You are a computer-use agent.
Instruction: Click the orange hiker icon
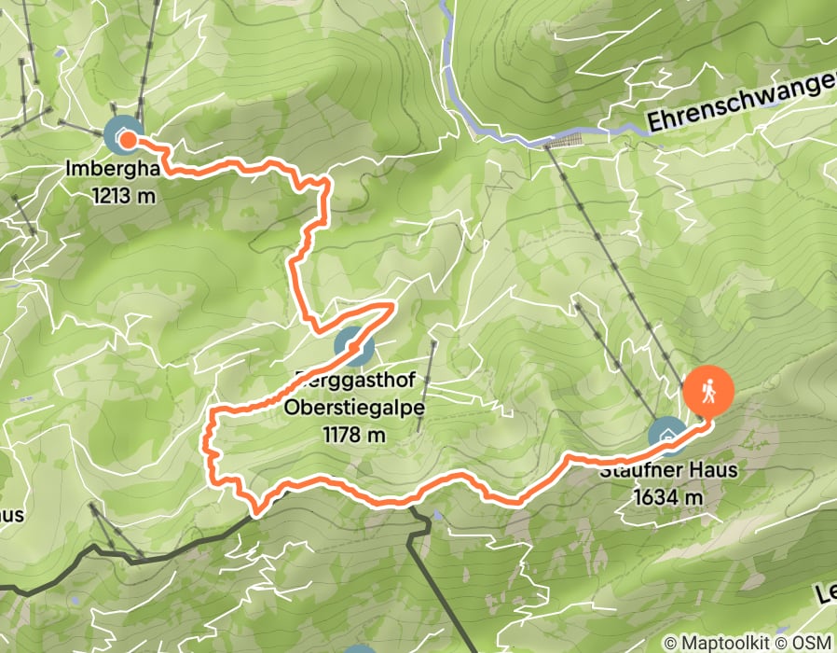pos(708,390)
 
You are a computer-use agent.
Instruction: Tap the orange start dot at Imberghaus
pos(127,140)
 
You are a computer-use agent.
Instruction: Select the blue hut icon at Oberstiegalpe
pos(355,347)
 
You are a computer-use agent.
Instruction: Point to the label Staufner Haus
pos(668,471)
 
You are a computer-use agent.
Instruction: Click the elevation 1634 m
pos(667,497)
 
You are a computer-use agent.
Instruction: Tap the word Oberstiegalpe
pos(340,408)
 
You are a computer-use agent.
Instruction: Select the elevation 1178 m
pos(354,434)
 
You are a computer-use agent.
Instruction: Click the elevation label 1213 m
pos(125,196)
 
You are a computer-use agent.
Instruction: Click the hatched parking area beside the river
pos(562,141)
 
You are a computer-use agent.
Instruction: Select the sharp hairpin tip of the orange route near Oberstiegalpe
pos(394,305)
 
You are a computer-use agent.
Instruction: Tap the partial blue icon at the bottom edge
pos(361,649)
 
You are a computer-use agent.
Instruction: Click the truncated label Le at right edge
pos(824,592)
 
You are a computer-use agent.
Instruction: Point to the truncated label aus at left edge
pos(11,515)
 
